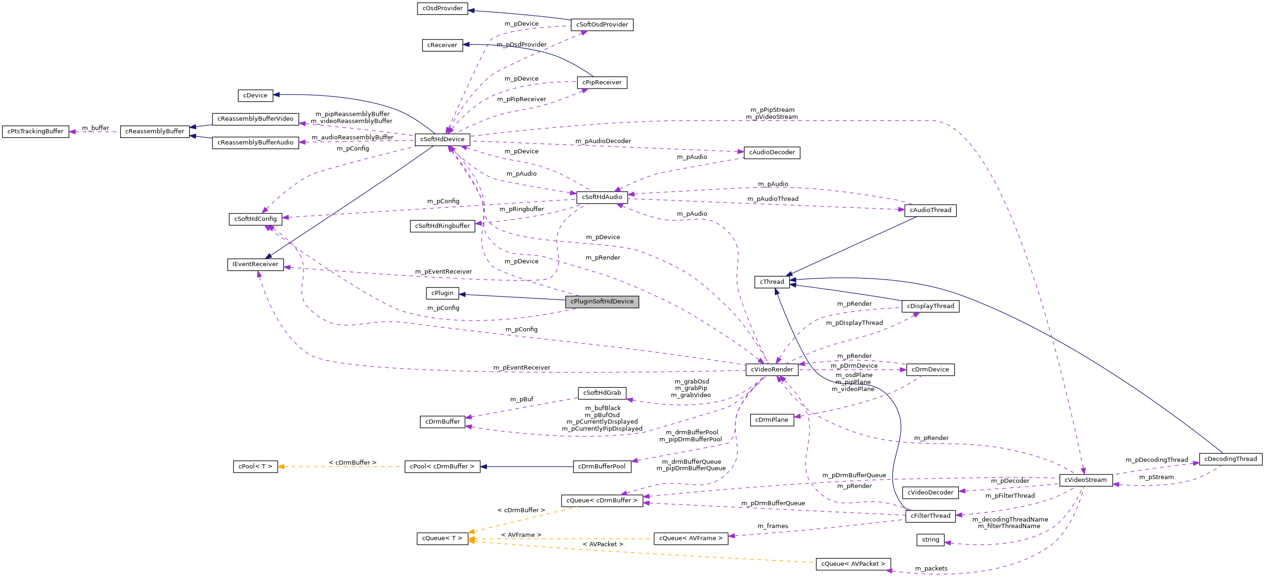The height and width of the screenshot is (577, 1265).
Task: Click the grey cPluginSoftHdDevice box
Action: [x=602, y=302]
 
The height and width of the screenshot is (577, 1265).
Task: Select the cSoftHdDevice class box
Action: [x=442, y=139]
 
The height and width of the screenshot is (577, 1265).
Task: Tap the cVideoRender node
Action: [x=772, y=370]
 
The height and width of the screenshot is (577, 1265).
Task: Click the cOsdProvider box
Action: [x=442, y=8]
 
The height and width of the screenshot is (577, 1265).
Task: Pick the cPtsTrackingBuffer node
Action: [x=35, y=131]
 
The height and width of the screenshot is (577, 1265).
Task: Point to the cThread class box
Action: [x=772, y=282]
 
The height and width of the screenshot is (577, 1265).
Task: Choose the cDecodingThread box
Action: [x=1230, y=459]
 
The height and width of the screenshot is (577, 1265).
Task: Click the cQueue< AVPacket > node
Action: [x=853, y=564]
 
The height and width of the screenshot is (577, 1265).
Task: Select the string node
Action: [x=930, y=540]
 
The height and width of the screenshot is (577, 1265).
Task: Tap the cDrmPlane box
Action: [x=772, y=420]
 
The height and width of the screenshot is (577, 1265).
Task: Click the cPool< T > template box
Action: [x=255, y=467]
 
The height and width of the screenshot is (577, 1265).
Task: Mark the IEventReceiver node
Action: [x=255, y=264]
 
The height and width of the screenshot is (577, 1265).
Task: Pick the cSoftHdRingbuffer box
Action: [x=442, y=226]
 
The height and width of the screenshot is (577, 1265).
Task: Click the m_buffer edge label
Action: [x=95, y=128]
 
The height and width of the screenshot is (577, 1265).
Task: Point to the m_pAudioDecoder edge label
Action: [x=602, y=141]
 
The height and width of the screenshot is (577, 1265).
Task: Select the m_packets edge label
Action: [x=930, y=569]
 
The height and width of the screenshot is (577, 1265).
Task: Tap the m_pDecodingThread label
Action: [x=1156, y=460]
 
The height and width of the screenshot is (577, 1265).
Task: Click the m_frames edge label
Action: [x=773, y=526]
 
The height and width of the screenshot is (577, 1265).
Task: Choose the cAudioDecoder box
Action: [x=772, y=153]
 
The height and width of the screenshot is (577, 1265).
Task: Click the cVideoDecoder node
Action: [x=930, y=493]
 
